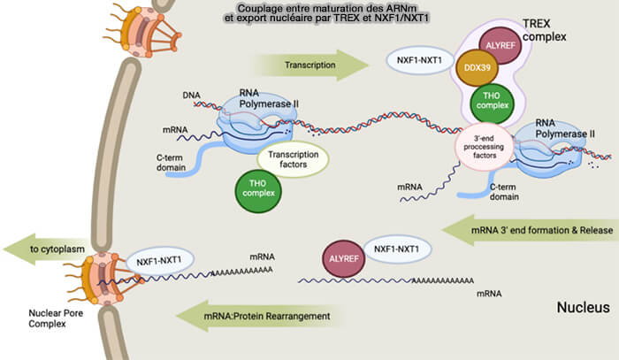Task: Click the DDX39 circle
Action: click(x=477, y=67)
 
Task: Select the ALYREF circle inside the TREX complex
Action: click(x=501, y=45)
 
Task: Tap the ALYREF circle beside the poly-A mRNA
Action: click(x=344, y=258)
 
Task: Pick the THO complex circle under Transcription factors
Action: click(x=258, y=191)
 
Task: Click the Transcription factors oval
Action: click(x=293, y=159)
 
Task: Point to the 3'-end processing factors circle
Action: click(x=484, y=147)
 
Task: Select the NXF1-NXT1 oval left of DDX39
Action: click(x=419, y=60)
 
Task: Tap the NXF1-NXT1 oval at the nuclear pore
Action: click(x=159, y=261)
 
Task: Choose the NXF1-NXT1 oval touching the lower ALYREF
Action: click(x=397, y=249)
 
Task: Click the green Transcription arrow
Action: click(x=312, y=65)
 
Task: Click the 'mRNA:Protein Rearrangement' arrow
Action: click(x=261, y=316)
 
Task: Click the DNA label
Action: click(x=192, y=96)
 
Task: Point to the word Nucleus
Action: click(x=583, y=307)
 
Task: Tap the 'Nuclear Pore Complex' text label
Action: click(x=56, y=318)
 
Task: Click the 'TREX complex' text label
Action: click(x=545, y=30)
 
